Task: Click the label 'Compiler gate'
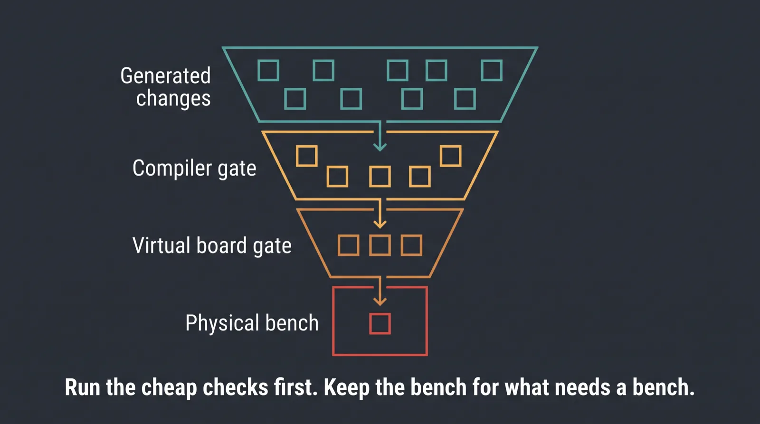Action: [x=194, y=169]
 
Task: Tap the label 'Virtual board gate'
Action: [x=212, y=245]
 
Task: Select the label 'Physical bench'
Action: [x=252, y=322]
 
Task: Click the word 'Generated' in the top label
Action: [x=166, y=75]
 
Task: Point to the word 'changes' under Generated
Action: [x=173, y=99]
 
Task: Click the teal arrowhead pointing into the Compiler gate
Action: [x=380, y=147]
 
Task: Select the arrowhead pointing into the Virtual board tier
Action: [x=380, y=224]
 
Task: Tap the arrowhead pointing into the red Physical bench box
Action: [x=380, y=301]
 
